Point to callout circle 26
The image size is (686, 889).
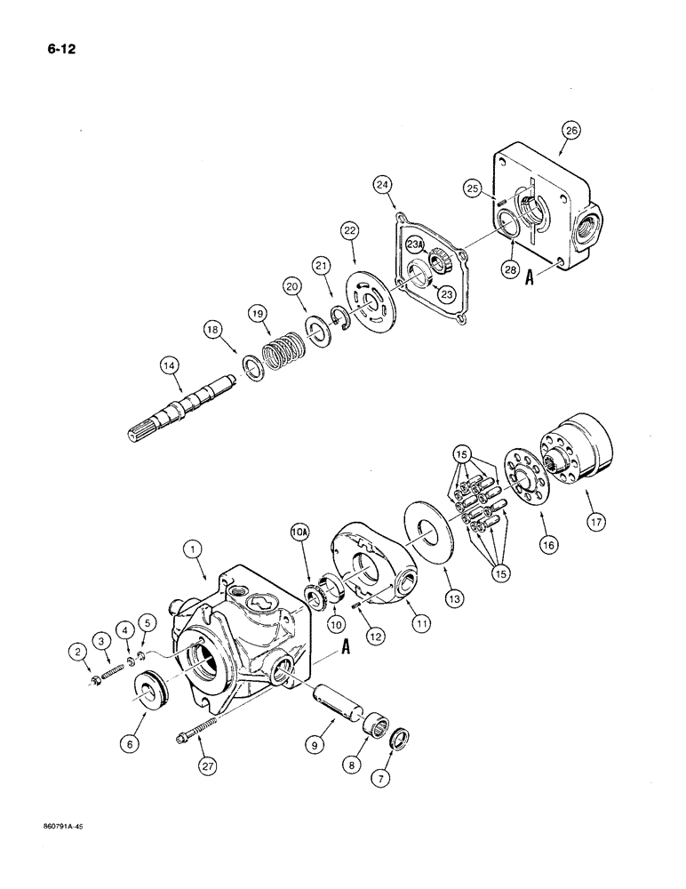570,131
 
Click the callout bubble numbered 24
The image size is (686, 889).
383,184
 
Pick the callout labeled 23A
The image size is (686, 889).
415,244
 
